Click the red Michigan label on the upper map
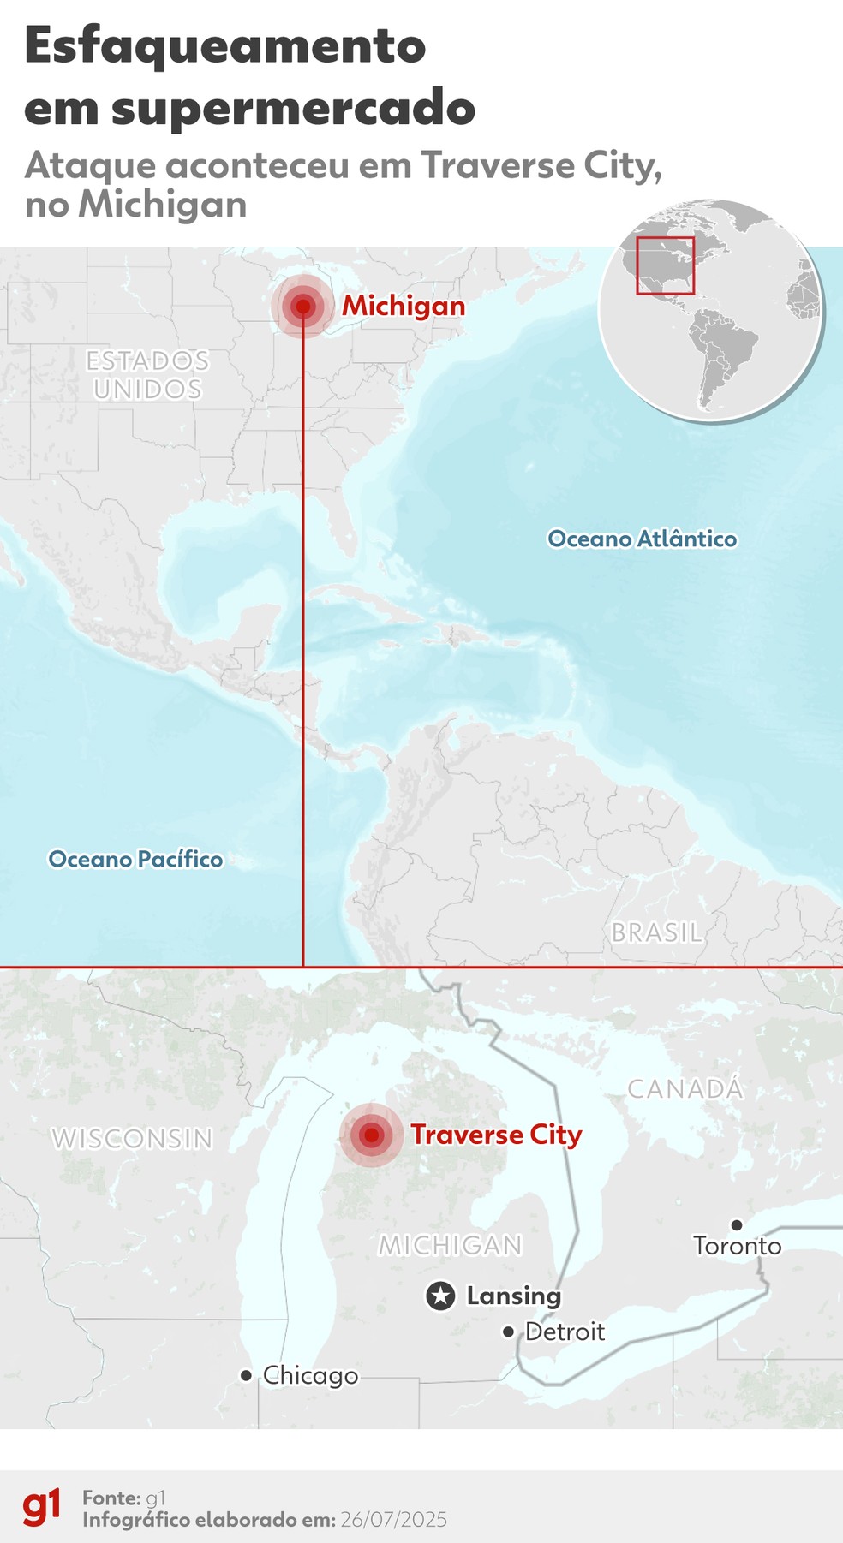tap(404, 306)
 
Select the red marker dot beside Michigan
tap(302, 307)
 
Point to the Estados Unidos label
tap(147, 374)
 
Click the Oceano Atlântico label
tap(642, 539)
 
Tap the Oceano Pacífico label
tap(135, 859)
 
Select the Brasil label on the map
tap(656, 932)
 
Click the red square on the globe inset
tap(665, 265)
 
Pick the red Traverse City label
tap(496, 1135)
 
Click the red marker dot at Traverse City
tap(371, 1135)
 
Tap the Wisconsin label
tap(132, 1139)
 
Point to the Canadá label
tap(685, 1089)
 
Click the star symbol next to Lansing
tap(440, 1296)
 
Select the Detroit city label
tap(565, 1332)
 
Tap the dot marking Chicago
tap(246, 1375)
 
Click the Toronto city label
tap(737, 1245)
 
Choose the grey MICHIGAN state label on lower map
tap(451, 1245)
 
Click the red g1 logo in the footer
tap(41, 1507)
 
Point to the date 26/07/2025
tap(393, 1520)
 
